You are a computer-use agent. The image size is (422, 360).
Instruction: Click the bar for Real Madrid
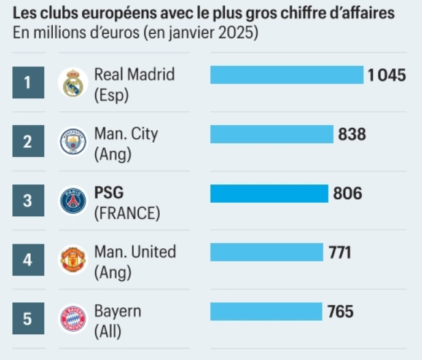coord(287,75)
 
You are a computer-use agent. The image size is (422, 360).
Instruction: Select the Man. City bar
coord(272,134)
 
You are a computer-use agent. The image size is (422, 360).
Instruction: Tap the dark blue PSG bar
coord(269,194)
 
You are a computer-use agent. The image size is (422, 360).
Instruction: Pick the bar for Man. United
coord(267,252)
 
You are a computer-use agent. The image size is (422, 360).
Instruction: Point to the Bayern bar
coord(266,311)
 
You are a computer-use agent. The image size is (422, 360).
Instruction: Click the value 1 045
coord(387,75)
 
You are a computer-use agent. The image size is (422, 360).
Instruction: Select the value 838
coord(352,134)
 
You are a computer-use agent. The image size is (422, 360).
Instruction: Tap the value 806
coord(348,194)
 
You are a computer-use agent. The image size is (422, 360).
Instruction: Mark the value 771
coord(341,252)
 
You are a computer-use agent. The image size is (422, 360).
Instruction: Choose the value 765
coord(340,311)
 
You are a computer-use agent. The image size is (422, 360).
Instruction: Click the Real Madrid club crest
coord(73,83)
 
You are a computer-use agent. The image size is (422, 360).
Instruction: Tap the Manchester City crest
coord(73,142)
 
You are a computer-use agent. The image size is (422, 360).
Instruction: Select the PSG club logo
coord(73,201)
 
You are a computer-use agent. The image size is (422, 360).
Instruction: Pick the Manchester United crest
coord(73,260)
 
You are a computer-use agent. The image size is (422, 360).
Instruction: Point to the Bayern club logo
coord(73,319)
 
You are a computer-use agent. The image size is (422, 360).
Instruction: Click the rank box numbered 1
coord(28,83)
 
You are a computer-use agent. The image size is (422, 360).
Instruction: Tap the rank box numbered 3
coord(28,201)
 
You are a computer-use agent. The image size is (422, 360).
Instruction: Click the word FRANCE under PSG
coord(127,213)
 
